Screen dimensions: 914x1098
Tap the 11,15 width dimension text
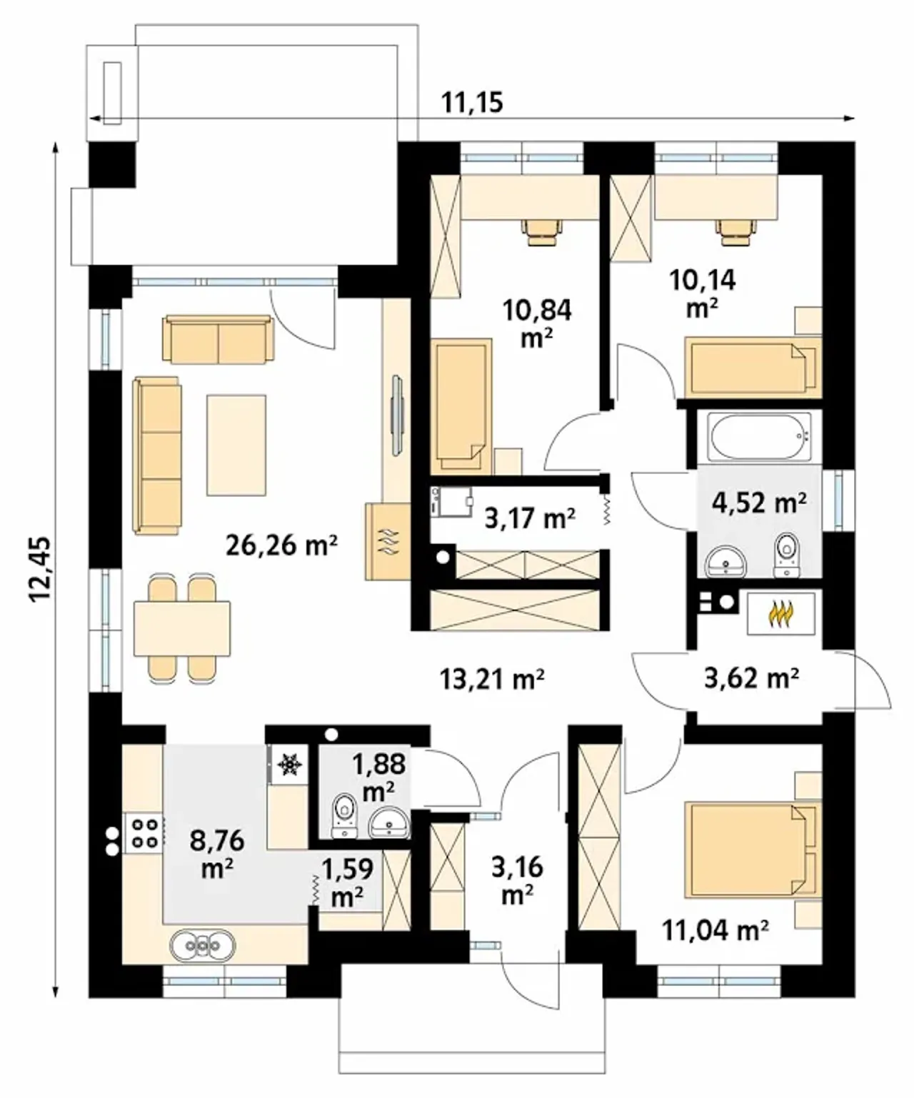tap(472, 103)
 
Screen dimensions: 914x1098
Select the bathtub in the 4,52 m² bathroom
tap(759, 436)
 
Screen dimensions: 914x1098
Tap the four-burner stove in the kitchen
tap(143, 832)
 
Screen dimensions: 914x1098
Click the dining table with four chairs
tap(182, 628)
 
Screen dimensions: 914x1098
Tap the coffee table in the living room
tap(236, 445)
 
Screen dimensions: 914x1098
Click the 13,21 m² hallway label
tap(492, 679)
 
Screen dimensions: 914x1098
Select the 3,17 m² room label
tap(530, 518)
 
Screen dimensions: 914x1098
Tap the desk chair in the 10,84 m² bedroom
tap(542, 232)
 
